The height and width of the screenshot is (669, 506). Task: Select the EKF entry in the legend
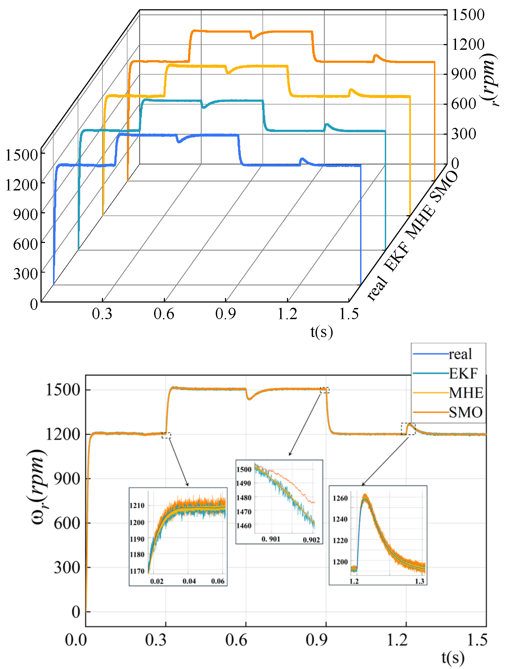pyautogui.click(x=463, y=374)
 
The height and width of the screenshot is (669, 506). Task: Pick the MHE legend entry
pyautogui.click(x=466, y=393)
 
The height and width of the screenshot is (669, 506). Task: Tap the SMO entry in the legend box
pyautogui.click(x=465, y=412)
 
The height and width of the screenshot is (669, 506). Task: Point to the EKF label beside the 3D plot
pyautogui.click(x=397, y=257)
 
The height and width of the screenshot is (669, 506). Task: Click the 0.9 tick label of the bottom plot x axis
pyautogui.click(x=316, y=640)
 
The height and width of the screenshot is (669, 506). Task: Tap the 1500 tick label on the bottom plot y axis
pyautogui.click(x=63, y=390)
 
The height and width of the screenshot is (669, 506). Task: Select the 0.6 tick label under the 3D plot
pyautogui.click(x=164, y=314)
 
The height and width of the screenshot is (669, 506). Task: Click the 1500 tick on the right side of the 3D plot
pyautogui.click(x=468, y=14)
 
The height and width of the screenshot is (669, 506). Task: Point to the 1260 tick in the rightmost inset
pyautogui.click(x=340, y=498)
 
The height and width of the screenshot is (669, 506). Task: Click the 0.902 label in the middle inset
pyautogui.click(x=311, y=540)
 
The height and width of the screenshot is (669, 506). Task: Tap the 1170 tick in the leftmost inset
pyautogui.click(x=137, y=571)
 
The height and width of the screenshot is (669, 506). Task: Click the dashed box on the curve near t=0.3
pyautogui.click(x=166, y=435)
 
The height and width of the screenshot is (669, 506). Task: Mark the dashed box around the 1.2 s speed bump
pyautogui.click(x=408, y=429)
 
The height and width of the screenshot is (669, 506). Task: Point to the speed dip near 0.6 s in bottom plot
pyautogui.click(x=249, y=399)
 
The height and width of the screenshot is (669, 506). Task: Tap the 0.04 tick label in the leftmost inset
pyautogui.click(x=189, y=581)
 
